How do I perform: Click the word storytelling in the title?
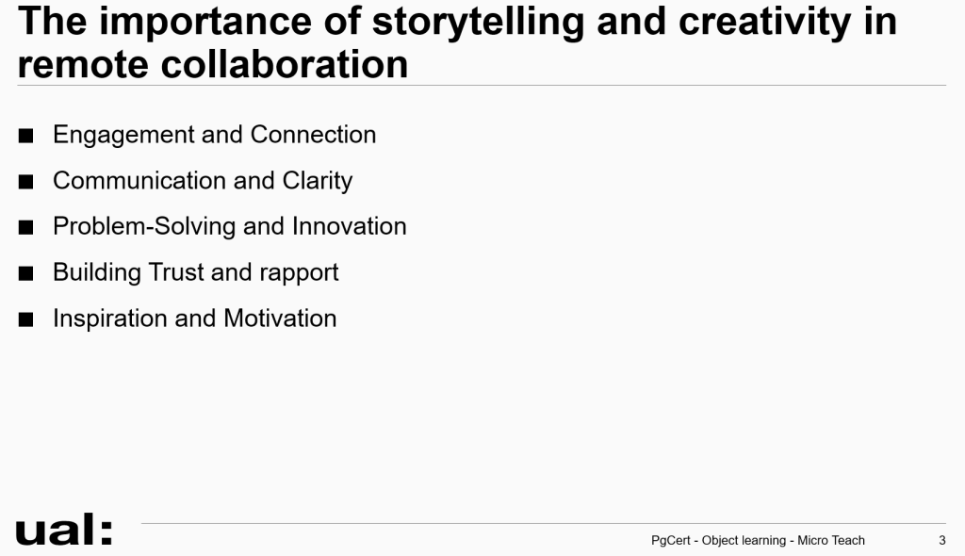(478, 23)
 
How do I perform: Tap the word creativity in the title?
(764, 23)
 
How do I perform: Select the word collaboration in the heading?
(285, 64)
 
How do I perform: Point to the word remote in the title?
(83, 65)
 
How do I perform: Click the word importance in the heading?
(204, 23)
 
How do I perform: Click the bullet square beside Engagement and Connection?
(25, 136)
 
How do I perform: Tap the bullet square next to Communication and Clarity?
(25, 182)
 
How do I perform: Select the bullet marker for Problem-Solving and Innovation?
(25, 227)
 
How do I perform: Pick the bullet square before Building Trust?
(25, 273)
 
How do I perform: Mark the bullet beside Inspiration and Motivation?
(25, 319)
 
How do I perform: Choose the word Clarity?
(318, 181)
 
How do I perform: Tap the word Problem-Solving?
(144, 226)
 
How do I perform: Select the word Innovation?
(349, 226)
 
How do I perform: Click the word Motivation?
(280, 319)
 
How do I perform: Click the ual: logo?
(64, 530)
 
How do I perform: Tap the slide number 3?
(941, 541)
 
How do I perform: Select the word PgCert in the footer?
(671, 541)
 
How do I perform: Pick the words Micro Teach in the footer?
(831, 540)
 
